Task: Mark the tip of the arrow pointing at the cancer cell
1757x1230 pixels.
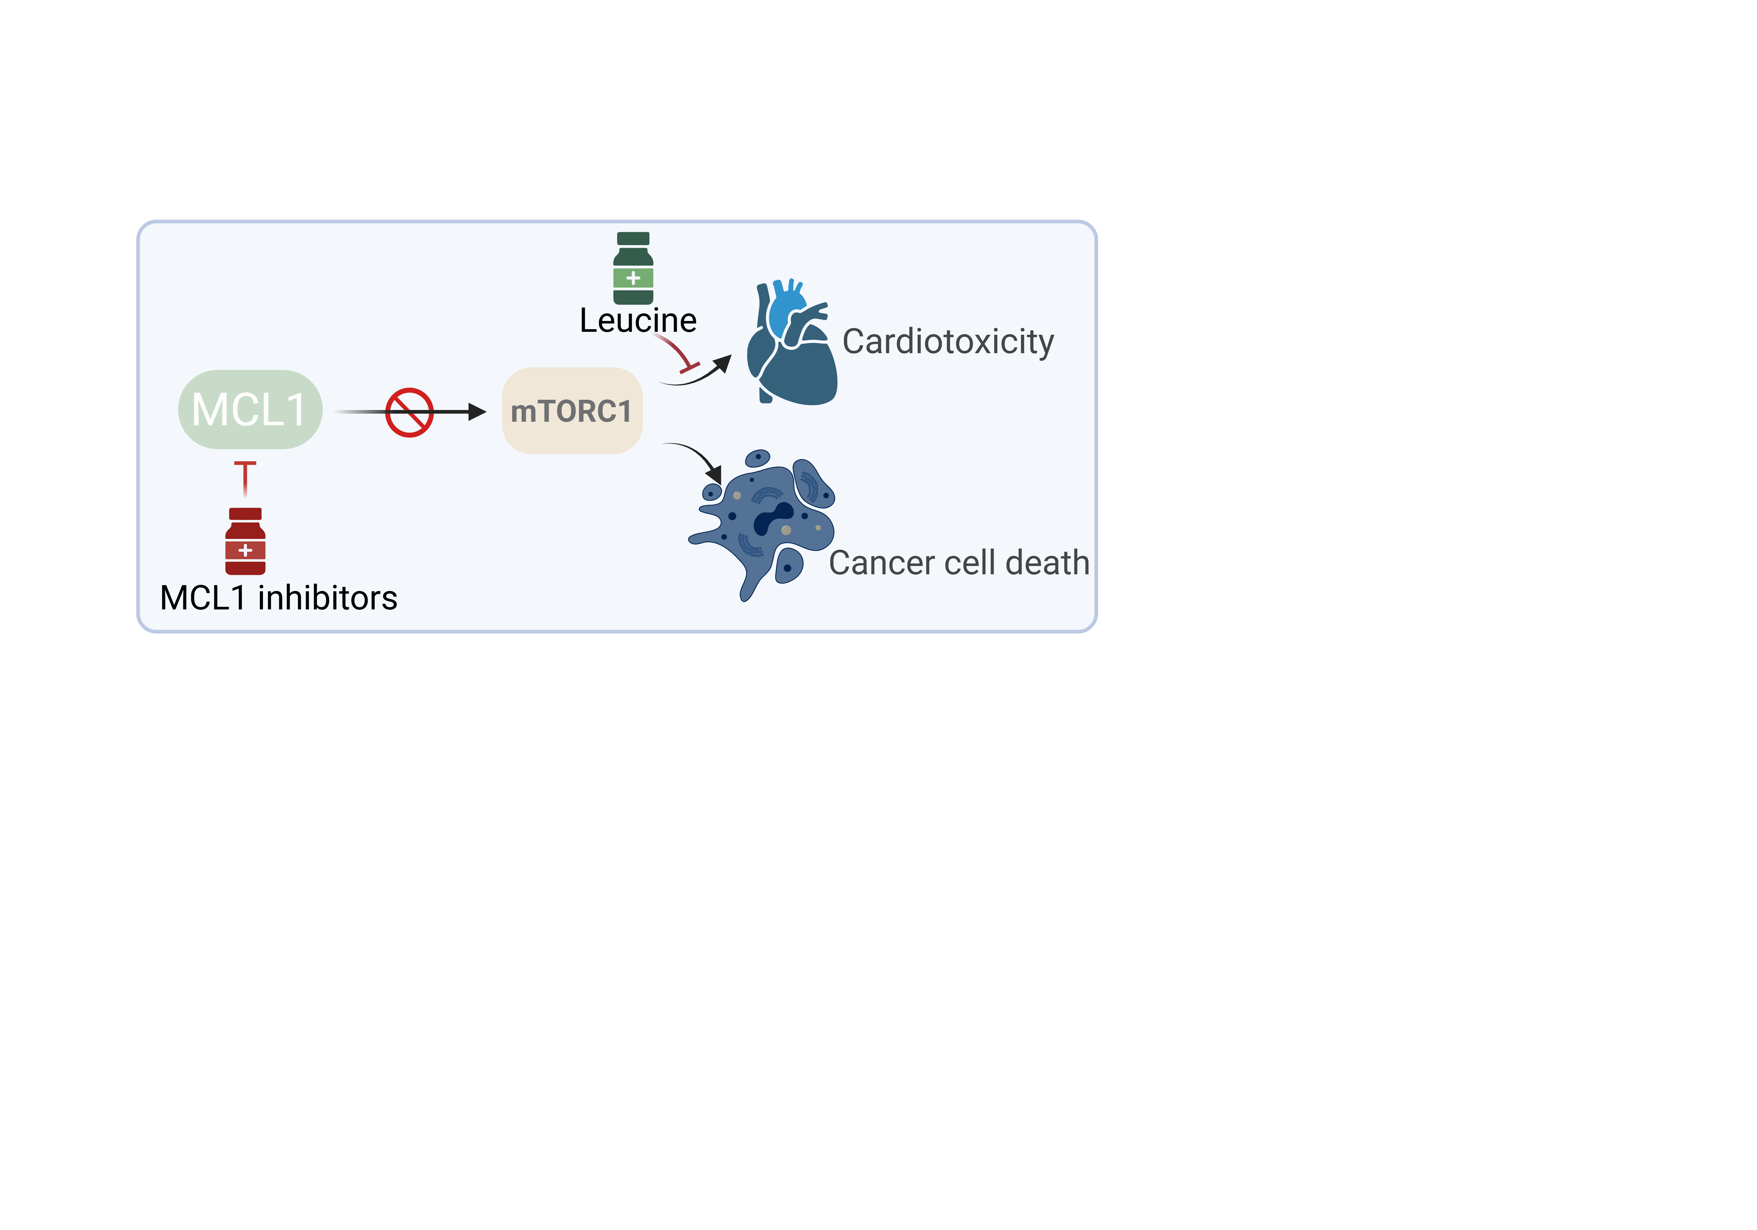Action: coord(721,484)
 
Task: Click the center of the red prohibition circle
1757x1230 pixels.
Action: coord(409,413)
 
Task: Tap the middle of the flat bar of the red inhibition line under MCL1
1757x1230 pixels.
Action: coord(245,463)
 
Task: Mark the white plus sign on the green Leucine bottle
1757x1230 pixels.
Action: coord(633,278)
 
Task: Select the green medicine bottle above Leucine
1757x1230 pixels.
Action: coord(633,268)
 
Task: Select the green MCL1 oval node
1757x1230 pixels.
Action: coord(250,409)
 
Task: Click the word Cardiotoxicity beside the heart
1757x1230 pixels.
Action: coord(948,342)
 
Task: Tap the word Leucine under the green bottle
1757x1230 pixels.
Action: coord(638,321)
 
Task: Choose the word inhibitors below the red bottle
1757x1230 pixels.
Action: coord(327,598)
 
